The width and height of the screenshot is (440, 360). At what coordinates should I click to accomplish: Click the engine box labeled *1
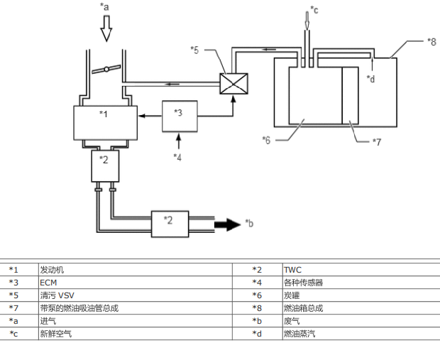tap(106, 123)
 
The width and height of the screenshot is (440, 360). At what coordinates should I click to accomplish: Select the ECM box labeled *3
tap(180, 116)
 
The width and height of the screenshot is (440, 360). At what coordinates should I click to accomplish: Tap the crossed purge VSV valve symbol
tap(233, 84)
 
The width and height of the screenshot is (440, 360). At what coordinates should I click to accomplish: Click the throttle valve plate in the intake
tap(106, 69)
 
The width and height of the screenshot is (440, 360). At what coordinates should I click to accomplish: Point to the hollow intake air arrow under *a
tap(106, 28)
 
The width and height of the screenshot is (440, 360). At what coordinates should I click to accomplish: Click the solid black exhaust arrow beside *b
tap(228, 224)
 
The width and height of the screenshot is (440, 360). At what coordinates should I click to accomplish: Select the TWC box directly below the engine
tap(105, 166)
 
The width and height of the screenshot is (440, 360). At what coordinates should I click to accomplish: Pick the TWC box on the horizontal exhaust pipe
tap(170, 224)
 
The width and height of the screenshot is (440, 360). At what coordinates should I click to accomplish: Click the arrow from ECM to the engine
tap(150, 116)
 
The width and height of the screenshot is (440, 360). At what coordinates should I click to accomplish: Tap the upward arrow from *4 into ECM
tap(179, 141)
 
